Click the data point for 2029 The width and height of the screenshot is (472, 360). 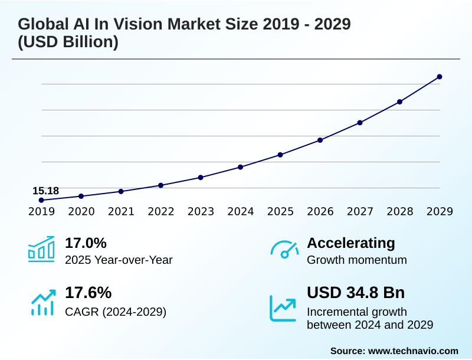pos(440,77)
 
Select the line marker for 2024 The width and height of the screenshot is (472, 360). pos(240,167)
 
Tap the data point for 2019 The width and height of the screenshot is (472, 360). pos(41,200)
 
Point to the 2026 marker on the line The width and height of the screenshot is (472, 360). pos(320,140)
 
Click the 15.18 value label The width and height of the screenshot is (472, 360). pos(45,191)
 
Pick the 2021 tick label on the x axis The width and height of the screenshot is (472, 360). pos(121,212)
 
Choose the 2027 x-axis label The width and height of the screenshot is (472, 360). pos(360,212)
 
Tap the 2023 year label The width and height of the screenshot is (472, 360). pos(201,212)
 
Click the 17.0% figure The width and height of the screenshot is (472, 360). pos(86,243)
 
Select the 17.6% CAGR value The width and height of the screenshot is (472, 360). pos(88,293)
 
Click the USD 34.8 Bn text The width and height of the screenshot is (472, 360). pos(356,293)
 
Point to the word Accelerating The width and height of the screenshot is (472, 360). pos(351,243)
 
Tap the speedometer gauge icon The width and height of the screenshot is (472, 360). pos(284,249)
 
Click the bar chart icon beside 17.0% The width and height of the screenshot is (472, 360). pos(41,249)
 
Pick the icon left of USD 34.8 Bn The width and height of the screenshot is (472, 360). pos(283,308)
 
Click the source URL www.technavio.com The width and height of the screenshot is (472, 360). pos(413,351)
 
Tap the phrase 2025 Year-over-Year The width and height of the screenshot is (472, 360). pos(119,260)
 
